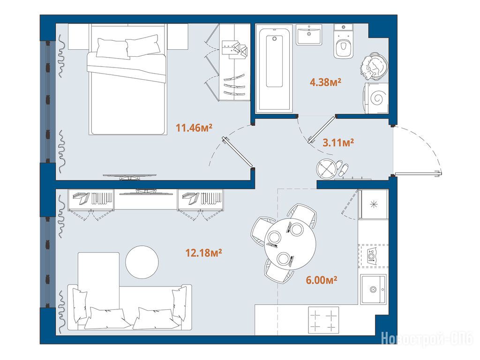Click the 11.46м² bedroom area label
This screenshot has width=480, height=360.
(x=194, y=127)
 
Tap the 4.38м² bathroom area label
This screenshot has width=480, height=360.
(x=325, y=82)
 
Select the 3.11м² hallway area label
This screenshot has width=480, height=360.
(x=338, y=142)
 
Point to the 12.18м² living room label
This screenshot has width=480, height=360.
(x=203, y=253)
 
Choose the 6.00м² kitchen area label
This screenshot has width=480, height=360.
(x=322, y=280)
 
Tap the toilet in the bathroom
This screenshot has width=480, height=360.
(x=344, y=41)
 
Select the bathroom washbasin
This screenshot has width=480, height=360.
(x=309, y=35)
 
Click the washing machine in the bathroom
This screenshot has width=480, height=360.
(x=376, y=98)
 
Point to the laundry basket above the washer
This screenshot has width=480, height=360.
(x=374, y=67)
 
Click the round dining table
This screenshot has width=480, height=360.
(x=290, y=244)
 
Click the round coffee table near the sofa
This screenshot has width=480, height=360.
(x=142, y=262)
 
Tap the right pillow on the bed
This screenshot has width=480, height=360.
(x=143, y=45)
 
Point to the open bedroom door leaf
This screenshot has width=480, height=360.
(x=238, y=153)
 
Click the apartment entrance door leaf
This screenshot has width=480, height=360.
(x=418, y=174)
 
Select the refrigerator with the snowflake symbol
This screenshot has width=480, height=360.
(x=374, y=204)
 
